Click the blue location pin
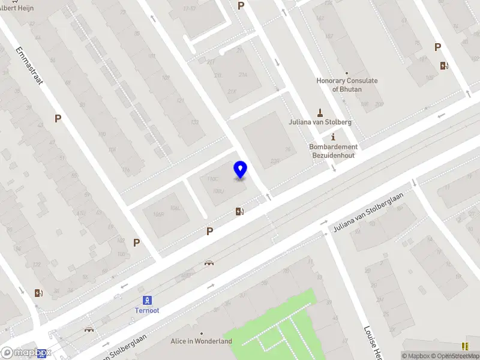[241, 169]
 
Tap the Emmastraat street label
[31, 65]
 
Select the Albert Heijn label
[17, 8]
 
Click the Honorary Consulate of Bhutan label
[347, 85]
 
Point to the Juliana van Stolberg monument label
[320, 122]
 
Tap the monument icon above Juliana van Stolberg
[320, 111]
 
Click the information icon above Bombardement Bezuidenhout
[333, 137]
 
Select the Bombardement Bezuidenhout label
[333, 151]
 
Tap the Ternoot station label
[146, 311]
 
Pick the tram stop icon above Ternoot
[146, 300]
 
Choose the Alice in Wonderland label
[201, 341]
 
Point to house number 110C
[213, 179]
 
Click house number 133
[194, 122]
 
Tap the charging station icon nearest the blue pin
[240, 211]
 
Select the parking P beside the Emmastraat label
[58, 119]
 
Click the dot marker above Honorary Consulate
[347, 73]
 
